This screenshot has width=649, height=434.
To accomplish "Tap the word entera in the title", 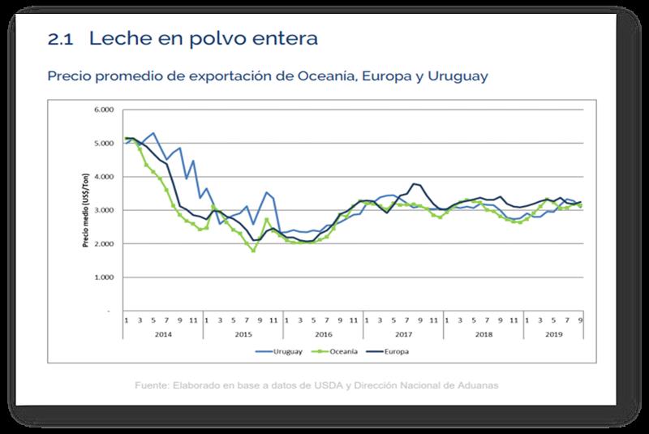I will [x=281, y=38].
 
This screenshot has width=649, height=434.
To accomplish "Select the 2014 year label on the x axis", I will [x=162, y=333].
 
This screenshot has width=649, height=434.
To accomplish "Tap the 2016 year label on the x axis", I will [x=323, y=333].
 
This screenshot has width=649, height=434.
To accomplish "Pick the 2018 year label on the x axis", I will [x=484, y=333].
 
